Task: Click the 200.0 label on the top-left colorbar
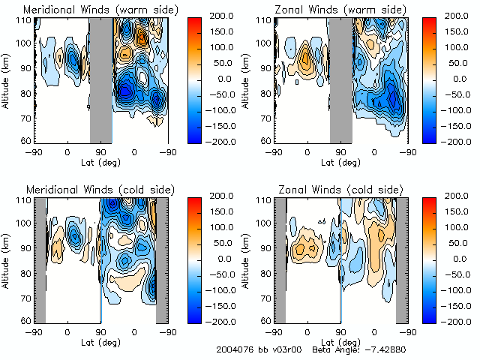tap(221, 15)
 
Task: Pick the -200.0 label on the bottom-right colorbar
tap(460, 321)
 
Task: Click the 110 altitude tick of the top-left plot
tap(25, 20)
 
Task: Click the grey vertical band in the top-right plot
tap(341, 79)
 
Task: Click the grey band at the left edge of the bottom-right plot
tap(280, 259)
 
